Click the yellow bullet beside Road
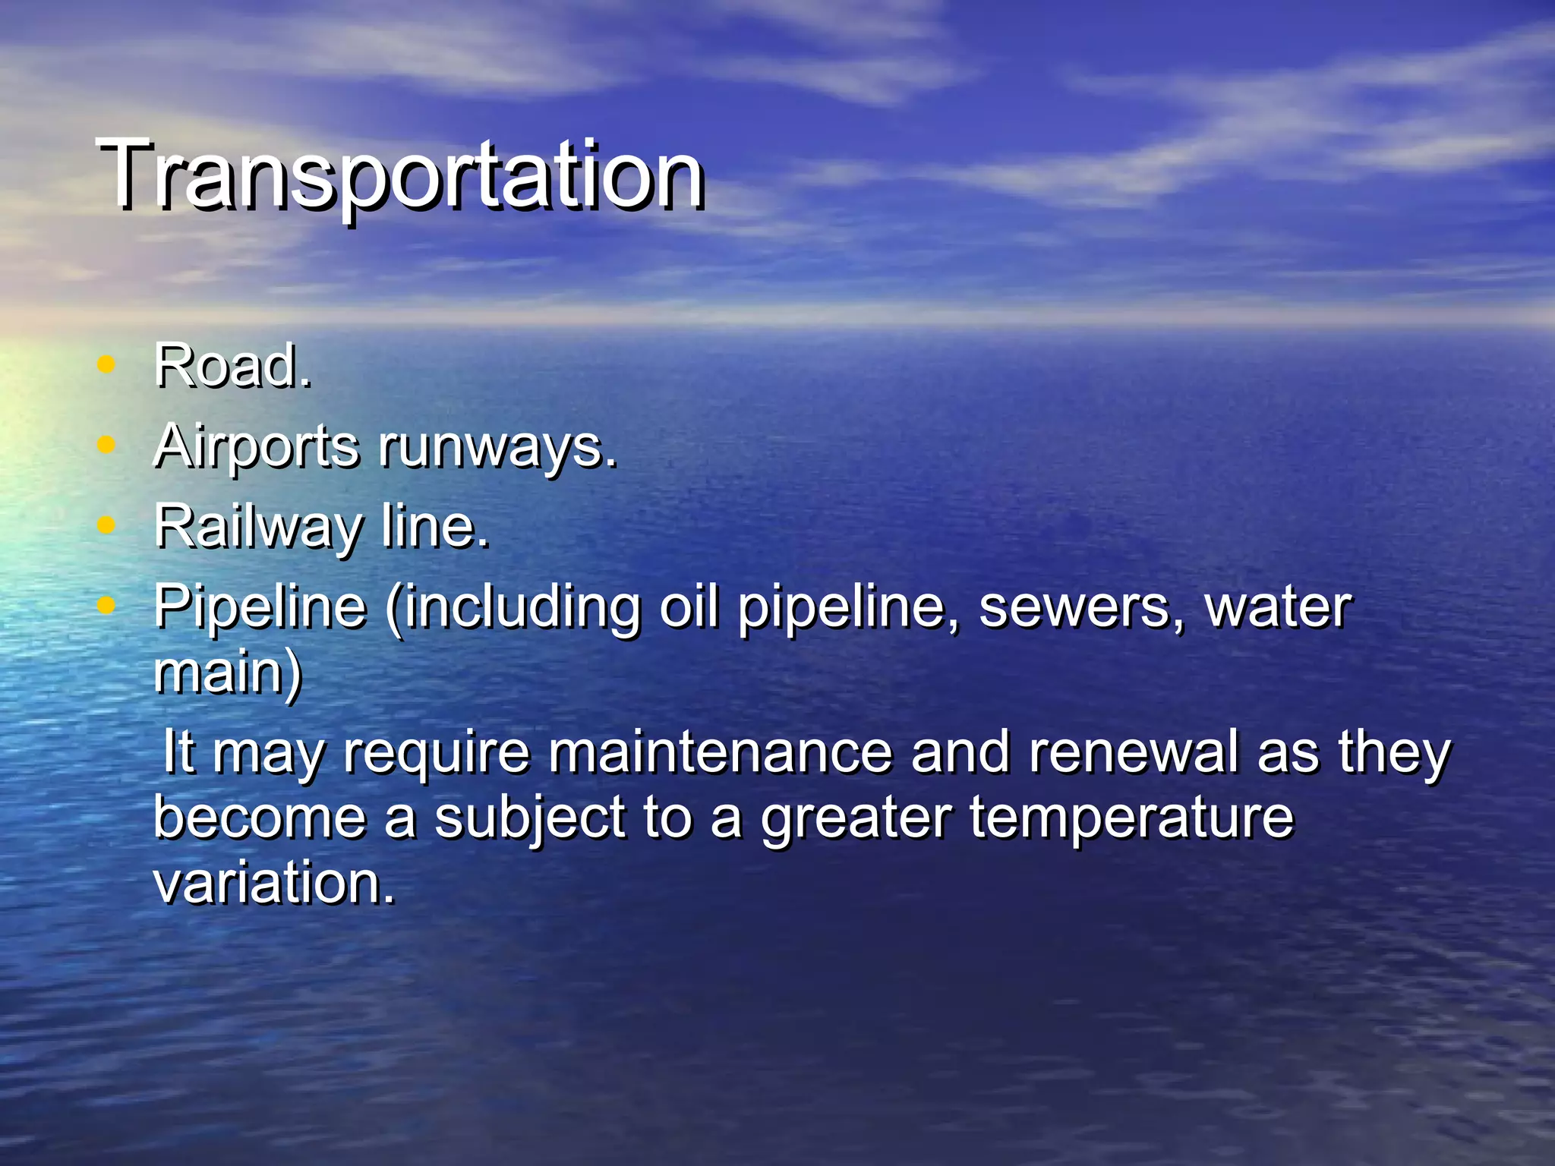tap(106, 364)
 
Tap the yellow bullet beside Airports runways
tap(106, 445)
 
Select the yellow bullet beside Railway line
tap(106, 525)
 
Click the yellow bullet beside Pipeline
tap(106, 605)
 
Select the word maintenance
tap(719, 752)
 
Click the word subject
tap(530, 818)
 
